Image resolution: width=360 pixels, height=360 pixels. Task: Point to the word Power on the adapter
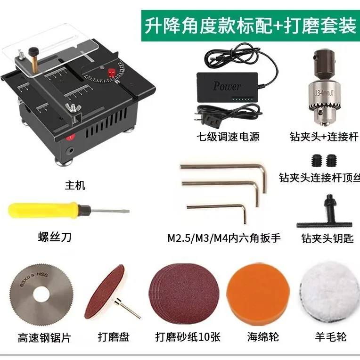pyautogui.click(x=227, y=86)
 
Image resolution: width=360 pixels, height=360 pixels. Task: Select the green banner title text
pyautogui.click(x=249, y=26)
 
